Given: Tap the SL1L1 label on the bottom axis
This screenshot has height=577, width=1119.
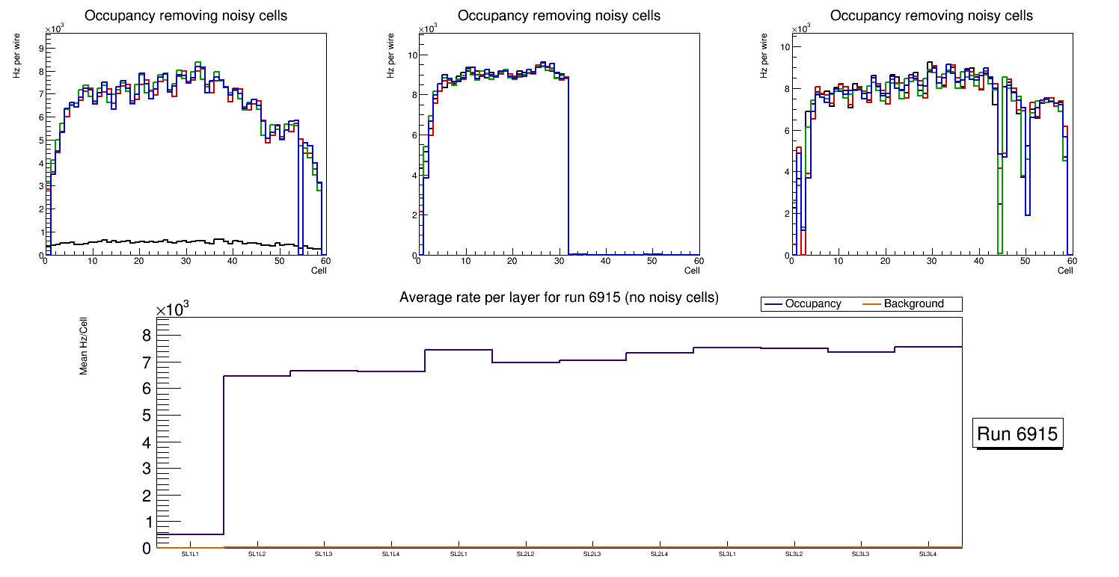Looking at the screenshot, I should (191, 555).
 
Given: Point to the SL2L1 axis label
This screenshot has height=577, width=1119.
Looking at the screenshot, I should (459, 555).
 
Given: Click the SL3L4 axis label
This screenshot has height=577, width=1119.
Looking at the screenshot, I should (928, 555).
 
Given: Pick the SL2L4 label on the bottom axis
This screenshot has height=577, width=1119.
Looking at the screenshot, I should (659, 555).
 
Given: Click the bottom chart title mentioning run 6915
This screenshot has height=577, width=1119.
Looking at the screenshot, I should (559, 297).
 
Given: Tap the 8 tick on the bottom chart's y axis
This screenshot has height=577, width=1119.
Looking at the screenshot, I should (146, 336).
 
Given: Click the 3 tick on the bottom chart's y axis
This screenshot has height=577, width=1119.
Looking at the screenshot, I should (146, 469).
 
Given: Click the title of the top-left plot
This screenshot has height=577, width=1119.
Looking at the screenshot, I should (186, 16).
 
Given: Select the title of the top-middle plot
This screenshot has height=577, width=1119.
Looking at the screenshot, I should (559, 16).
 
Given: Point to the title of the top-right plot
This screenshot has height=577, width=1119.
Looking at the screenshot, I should (932, 16).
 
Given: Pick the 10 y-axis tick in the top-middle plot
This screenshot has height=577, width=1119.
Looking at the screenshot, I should (411, 55).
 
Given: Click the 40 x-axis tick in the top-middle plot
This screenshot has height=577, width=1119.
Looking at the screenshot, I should (606, 261).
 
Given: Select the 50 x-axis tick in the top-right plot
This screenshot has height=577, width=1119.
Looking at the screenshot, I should (1025, 261).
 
